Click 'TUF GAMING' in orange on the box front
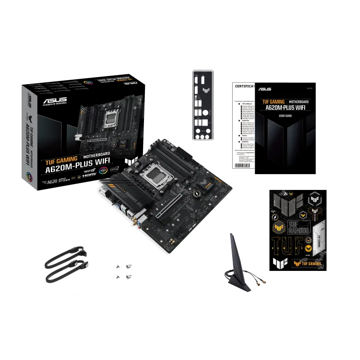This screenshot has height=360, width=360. [x=61, y=160]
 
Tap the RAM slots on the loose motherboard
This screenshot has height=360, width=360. [x=180, y=160]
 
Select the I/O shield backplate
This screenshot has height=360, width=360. [x=201, y=106]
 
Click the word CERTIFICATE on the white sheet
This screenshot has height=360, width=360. [x=243, y=86]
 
